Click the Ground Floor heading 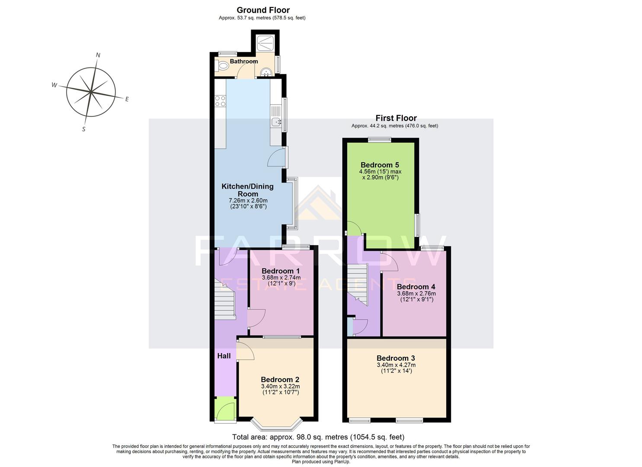tap(263, 10)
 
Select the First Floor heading tap(396, 118)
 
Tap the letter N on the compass tap(98, 55)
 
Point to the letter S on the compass tap(84, 129)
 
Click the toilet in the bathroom tap(223, 67)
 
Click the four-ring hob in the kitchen tap(220, 101)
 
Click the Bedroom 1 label tap(281, 271)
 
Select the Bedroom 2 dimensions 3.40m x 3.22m tap(280, 386)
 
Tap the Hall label tap(224, 356)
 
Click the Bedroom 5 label tap(380, 165)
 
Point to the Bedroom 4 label tap(416, 287)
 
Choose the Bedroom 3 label tap(396, 358)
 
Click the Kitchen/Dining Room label tap(247, 190)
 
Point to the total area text tap(318, 437)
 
